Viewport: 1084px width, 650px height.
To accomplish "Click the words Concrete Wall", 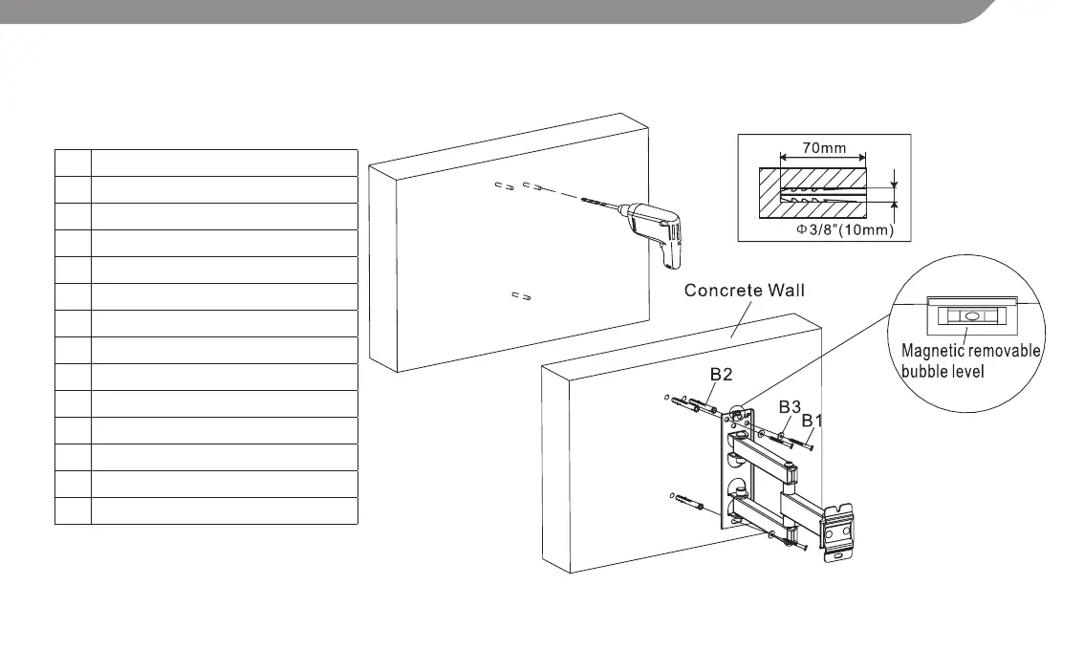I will pyautogui.click(x=745, y=291).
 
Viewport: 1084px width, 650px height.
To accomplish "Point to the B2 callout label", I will pyautogui.click(x=721, y=376).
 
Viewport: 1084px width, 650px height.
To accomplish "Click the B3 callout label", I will pyautogui.click(x=789, y=406).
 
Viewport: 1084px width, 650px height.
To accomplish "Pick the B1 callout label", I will pyautogui.click(x=813, y=420).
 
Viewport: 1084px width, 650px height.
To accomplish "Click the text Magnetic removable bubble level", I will pyautogui.click(x=970, y=359).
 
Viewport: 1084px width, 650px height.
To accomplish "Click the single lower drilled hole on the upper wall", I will pyautogui.click(x=521, y=295).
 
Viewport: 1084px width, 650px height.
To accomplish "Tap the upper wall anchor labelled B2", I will pyautogui.click(x=690, y=403).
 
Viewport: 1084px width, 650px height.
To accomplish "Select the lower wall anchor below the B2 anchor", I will pyautogui.click(x=688, y=502).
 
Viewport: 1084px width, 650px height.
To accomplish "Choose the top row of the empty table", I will pyautogui.click(x=206, y=162).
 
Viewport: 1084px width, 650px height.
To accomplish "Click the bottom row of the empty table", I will pyautogui.click(x=206, y=510).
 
